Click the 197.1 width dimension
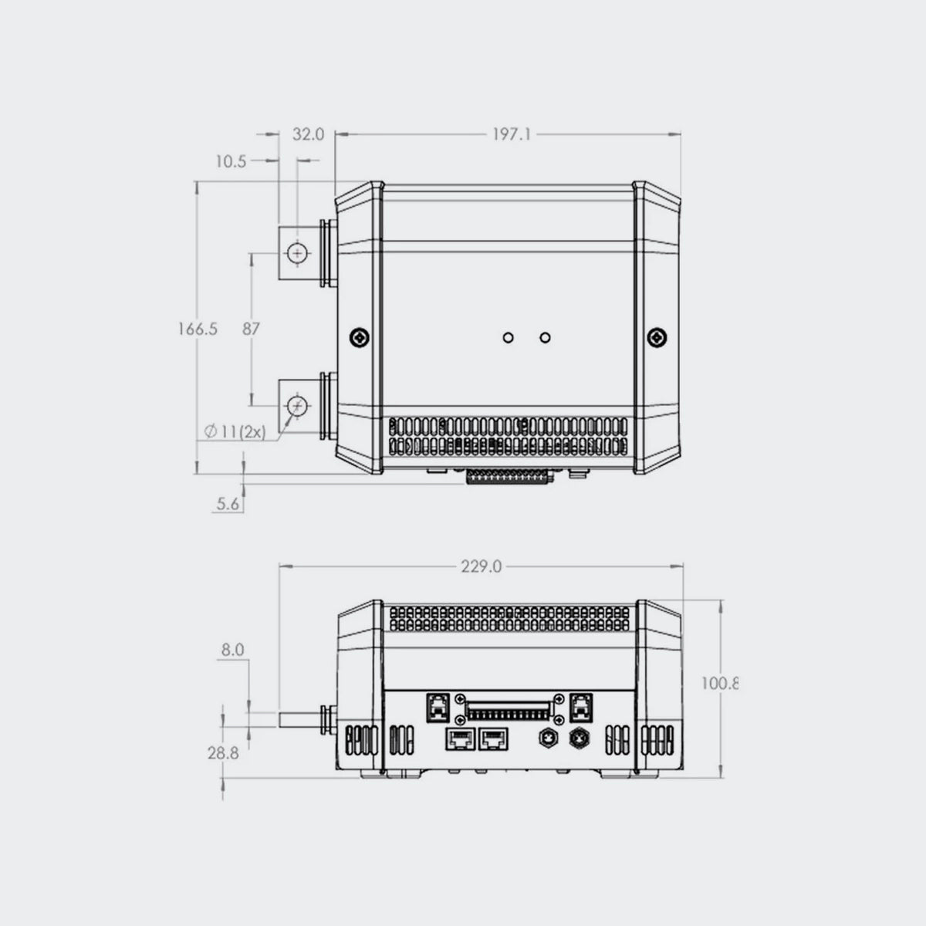tap(512, 134)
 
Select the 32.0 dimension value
tap(308, 134)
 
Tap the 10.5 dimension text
tap(231, 161)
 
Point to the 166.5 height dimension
tap(198, 329)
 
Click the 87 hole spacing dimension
tap(252, 329)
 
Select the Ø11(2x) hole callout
tap(235, 432)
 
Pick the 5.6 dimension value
tap(228, 504)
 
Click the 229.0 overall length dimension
tap(482, 566)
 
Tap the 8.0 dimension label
tap(232, 651)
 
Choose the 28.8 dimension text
tap(223, 753)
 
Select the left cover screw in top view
tap(360, 338)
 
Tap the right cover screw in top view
tap(656, 338)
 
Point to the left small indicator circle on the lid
tap(508, 338)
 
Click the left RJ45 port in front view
tap(458, 739)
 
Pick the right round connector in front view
tap(578, 739)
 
